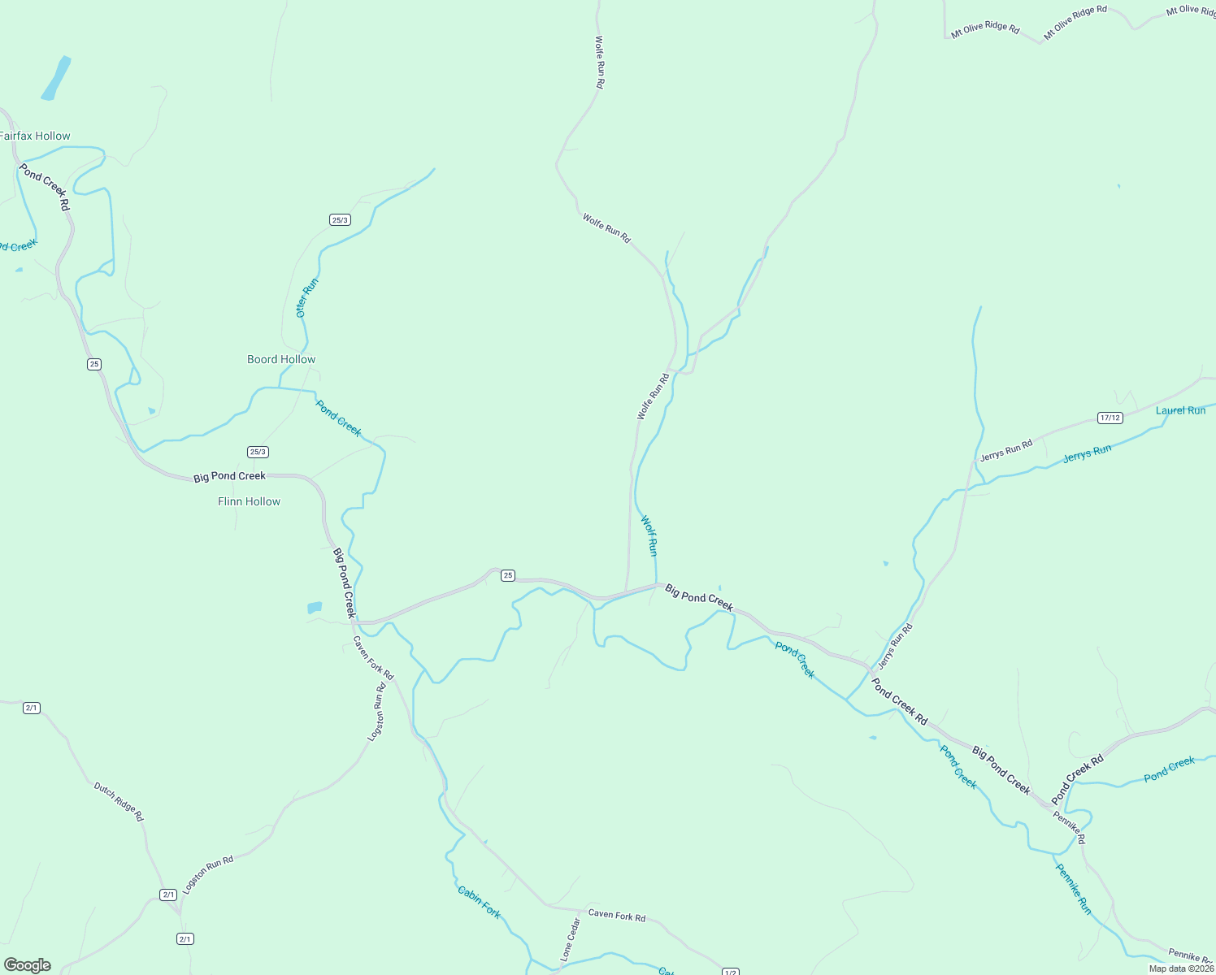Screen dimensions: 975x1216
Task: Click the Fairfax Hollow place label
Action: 35,136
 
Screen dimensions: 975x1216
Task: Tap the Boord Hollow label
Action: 281,359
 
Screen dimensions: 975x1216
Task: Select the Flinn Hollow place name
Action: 249,501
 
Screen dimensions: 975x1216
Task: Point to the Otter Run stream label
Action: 306,297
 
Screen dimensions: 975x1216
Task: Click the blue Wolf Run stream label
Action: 649,535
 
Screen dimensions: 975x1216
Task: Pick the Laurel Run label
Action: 1180,410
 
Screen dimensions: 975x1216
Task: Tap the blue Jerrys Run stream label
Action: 1087,453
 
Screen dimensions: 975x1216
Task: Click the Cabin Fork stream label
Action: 479,902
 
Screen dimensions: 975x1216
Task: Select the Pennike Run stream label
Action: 1073,888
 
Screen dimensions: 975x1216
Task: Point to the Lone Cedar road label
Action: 570,939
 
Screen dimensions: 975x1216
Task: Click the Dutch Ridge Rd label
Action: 118,801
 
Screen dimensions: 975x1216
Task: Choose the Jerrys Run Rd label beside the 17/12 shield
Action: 1005,449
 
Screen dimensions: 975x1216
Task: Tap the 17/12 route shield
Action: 1110,418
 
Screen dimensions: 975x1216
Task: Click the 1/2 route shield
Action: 730,972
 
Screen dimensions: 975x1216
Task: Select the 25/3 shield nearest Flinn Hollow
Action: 258,452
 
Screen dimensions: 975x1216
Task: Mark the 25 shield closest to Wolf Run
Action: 508,575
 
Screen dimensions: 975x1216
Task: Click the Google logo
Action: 27,965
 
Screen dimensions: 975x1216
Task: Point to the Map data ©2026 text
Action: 1181,968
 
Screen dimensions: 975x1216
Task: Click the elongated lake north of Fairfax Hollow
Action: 55,78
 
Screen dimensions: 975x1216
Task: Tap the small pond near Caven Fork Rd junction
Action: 315,608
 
